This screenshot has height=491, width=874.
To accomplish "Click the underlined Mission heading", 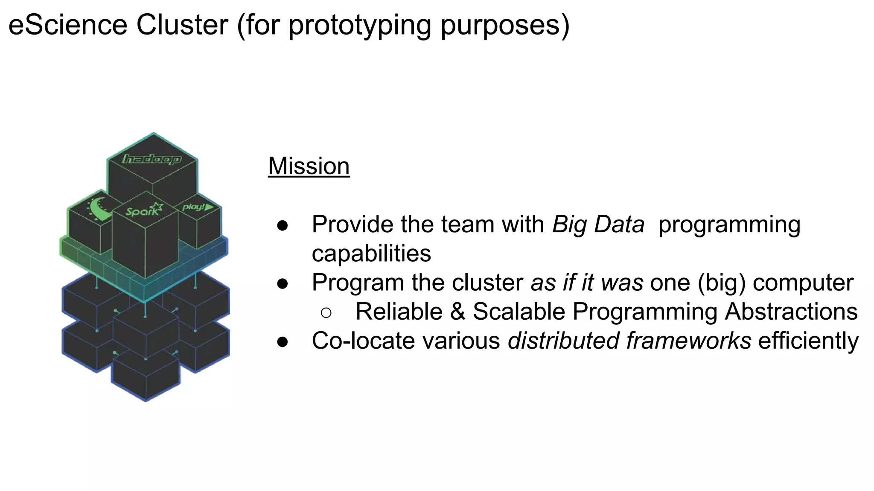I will (309, 166).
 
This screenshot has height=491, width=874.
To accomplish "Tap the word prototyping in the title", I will (359, 26).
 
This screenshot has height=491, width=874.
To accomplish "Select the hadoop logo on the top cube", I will (152, 159).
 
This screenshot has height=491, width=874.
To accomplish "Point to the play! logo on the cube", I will (198, 207).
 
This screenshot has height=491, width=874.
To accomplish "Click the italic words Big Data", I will (598, 224).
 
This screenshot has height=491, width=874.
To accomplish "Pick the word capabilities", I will (371, 254).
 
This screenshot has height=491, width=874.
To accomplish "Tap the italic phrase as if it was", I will (587, 283).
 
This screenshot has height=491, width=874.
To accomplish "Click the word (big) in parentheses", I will (721, 283).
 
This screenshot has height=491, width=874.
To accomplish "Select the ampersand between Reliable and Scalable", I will (457, 312).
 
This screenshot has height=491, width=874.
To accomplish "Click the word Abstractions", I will (791, 312).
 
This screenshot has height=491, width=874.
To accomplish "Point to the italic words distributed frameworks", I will (629, 341).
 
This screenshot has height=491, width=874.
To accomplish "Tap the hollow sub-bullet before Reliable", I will (326, 313).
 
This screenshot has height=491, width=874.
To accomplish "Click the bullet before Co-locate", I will (283, 341).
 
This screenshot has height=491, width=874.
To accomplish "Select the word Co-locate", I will (363, 341).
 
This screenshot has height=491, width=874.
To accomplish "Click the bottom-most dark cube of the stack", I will (146, 377).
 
